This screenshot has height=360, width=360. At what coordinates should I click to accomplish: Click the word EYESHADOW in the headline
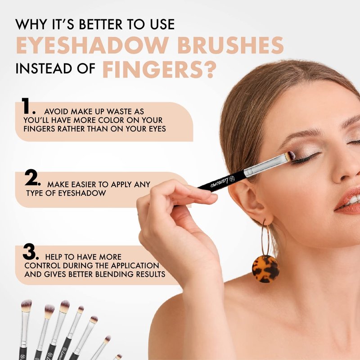[92, 45]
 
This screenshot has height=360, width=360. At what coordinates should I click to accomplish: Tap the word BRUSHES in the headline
[230, 45]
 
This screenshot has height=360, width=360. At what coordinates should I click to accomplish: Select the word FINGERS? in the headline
[159, 69]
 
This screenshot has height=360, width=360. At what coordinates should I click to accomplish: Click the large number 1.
[27, 106]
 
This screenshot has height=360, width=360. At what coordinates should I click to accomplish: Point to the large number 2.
[32, 177]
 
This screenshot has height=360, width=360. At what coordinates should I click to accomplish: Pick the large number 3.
[31, 252]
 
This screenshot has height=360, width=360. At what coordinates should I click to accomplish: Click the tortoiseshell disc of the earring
[265, 269]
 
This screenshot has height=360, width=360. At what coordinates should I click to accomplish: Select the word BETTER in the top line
[101, 24]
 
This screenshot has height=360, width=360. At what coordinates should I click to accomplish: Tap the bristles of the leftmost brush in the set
[26, 306]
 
